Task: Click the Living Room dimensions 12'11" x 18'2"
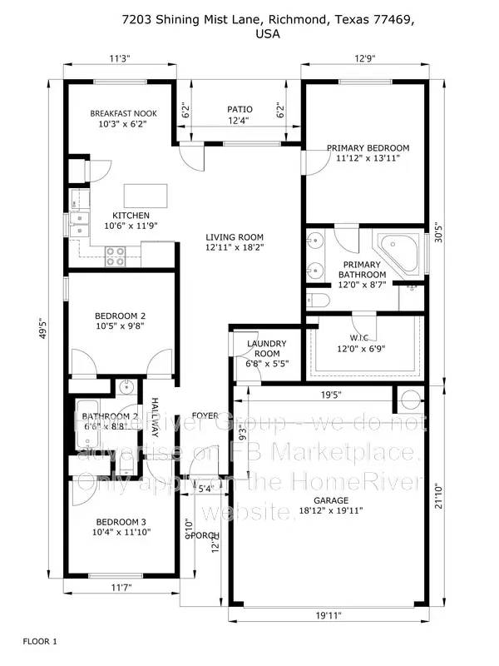tap(235, 247)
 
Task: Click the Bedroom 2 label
tap(121, 316)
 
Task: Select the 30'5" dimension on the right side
tap(440, 235)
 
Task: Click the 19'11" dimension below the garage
tap(329, 617)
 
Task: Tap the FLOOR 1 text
tap(40, 641)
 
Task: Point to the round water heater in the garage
tap(411, 400)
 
